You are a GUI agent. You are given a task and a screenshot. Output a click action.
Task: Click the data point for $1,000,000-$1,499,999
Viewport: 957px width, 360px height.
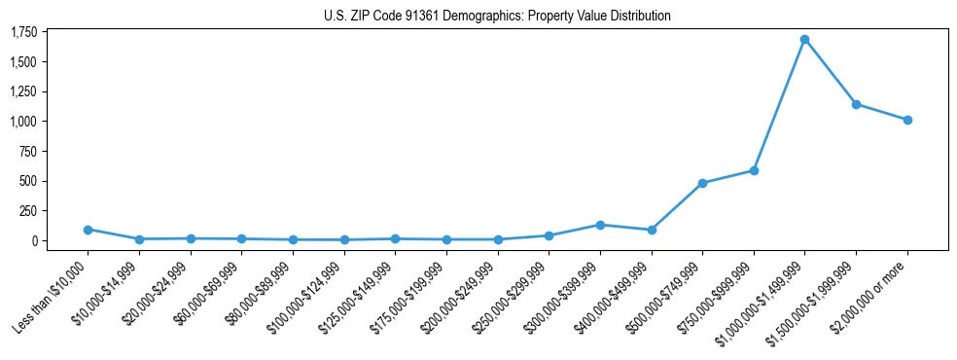click(804, 40)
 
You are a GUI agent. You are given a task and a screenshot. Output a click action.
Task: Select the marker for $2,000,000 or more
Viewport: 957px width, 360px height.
click(906, 120)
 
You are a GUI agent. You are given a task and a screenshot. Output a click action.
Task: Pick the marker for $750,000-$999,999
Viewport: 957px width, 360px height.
click(753, 170)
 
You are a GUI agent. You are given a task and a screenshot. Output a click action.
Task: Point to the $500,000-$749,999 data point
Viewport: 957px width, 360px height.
click(702, 183)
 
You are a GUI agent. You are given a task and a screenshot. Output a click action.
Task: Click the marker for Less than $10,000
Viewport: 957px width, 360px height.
click(88, 230)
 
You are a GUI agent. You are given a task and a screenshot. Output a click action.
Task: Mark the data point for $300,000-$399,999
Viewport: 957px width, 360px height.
click(600, 225)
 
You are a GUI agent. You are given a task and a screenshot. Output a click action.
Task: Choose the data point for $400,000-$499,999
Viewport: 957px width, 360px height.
click(651, 230)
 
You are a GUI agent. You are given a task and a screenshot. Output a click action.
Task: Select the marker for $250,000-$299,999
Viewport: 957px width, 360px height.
click(549, 235)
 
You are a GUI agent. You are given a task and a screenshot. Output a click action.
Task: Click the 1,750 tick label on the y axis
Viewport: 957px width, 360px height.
click(23, 32)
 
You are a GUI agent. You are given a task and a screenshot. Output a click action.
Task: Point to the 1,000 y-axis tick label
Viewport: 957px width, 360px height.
click(23, 122)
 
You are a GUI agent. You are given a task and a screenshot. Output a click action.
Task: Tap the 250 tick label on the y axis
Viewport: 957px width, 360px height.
click(29, 211)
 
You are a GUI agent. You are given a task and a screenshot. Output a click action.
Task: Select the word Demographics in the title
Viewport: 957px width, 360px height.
click(470, 16)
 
